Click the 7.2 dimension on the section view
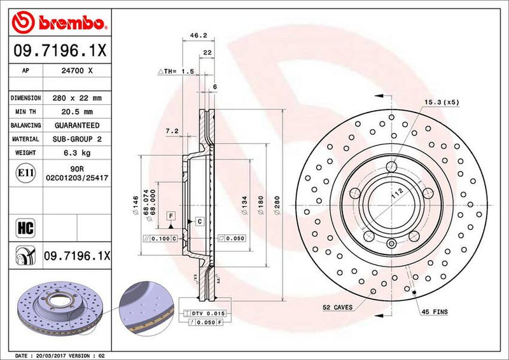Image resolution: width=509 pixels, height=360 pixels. coord(171,131)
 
